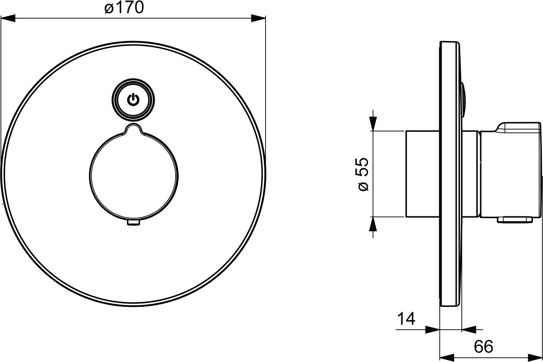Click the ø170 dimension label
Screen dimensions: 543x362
tap(124, 8)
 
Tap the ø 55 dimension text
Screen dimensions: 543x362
tap(363, 174)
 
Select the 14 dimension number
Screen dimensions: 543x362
tap(406, 319)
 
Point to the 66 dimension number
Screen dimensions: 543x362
tap(483, 347)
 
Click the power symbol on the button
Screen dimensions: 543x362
tap(133, 100)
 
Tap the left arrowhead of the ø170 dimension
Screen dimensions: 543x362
tap(8, 18)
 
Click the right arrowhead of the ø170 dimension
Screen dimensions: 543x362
tap(258, 18)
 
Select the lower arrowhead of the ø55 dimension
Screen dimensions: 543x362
tap(373, 224)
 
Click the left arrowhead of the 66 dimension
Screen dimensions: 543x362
tap(447, 357)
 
